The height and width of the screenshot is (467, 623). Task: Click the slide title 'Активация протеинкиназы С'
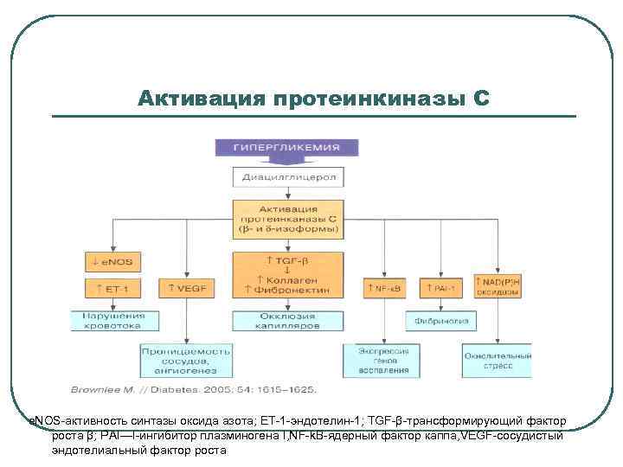click(313, 98)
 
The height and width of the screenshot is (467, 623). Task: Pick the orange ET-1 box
click(112, 288)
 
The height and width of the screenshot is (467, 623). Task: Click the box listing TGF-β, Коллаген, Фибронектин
click(289, 275)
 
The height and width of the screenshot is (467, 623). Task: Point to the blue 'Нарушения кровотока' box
click(114, 320)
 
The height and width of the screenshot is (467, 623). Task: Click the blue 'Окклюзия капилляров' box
click(289, 320)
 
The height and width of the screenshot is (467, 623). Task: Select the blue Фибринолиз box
click(440, 320)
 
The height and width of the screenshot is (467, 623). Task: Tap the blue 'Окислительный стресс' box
click(497, 361)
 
